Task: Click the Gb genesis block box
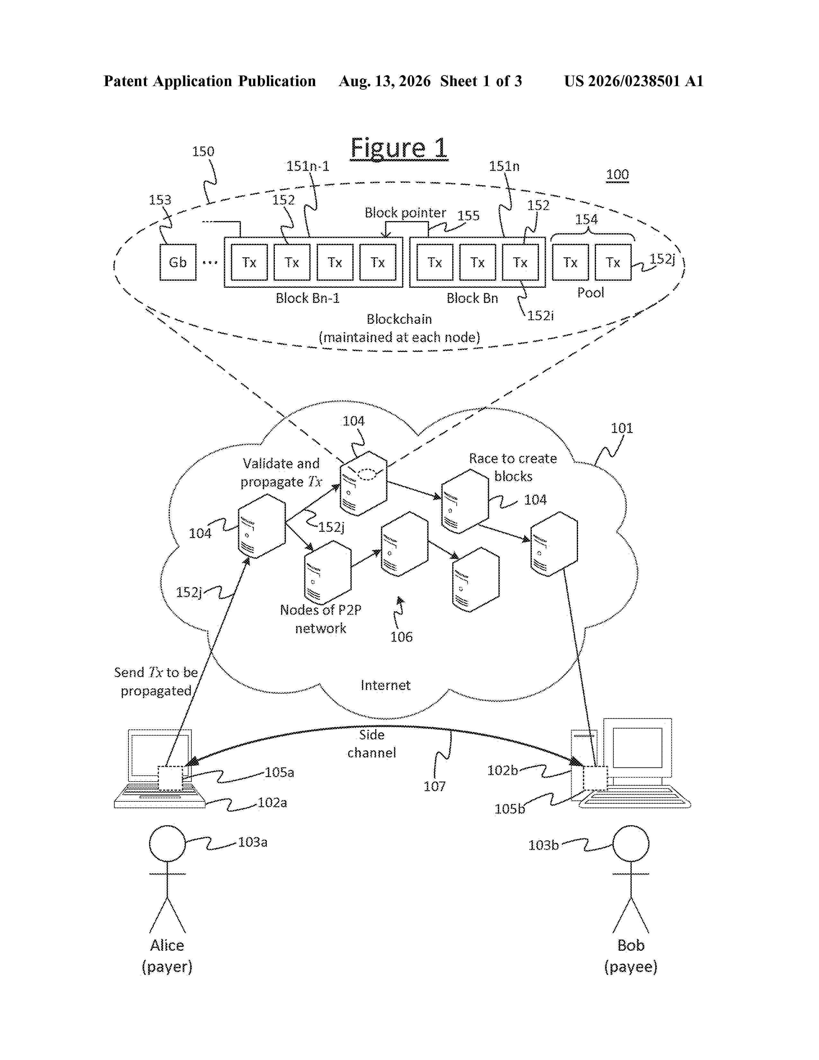tap(178, 262)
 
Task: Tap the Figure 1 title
tap(399, 148)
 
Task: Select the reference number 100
tap(617, 175)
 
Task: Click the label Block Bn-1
tap(308, 298)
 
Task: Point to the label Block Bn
tap(472, 298)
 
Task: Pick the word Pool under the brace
tap(590, 293)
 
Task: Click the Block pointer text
tap(405, 213)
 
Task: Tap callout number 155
tap(468, 216)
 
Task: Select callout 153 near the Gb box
tap(160, 200)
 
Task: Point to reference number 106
tap(401, 637)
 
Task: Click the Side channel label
tap(372, 744)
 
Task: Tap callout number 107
tap(434, 786)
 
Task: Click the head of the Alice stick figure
tap(167, 844)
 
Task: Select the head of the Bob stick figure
tap(631, 844)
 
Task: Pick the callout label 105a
tap(279, 772)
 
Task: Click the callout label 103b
tap(543, 845)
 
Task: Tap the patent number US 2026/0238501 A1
tap(634, 81)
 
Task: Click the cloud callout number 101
tap(621, 428)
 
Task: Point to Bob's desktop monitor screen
tap(638, 747)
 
